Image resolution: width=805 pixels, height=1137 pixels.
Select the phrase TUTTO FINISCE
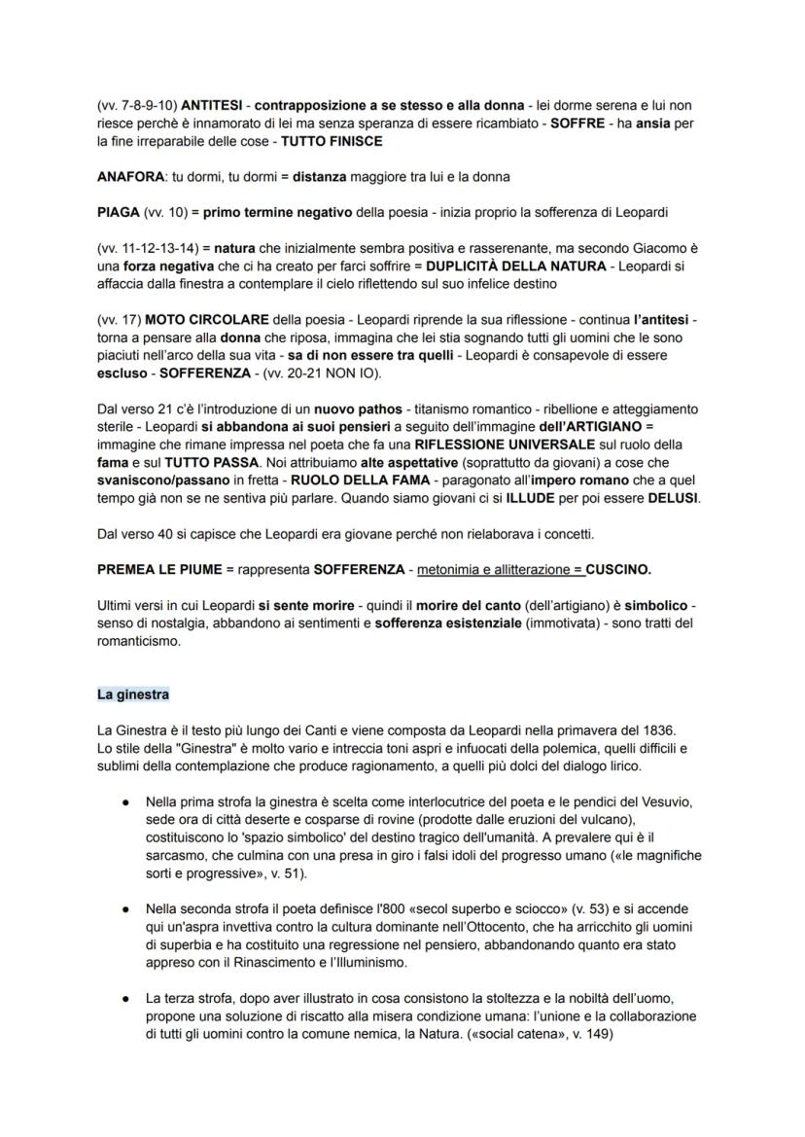tap(332, 141)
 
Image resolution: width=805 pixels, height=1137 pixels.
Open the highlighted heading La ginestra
tap(133, 694)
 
